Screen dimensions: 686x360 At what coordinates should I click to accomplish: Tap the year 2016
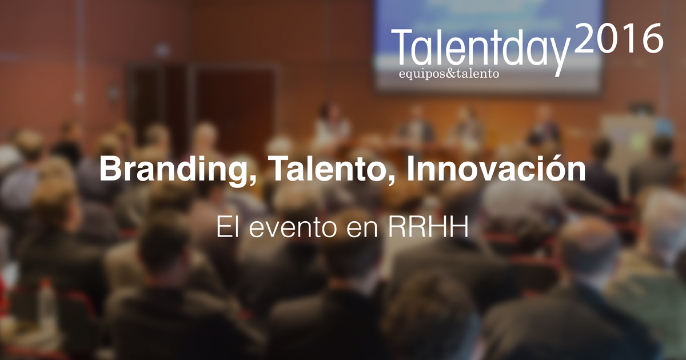pyautogui.click(x=619, y=39)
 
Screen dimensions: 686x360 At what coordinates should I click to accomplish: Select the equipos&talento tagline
pyautogui.click(x=449, y=74)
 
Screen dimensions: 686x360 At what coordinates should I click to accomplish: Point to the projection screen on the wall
pyautogui.click(x=489, y=46)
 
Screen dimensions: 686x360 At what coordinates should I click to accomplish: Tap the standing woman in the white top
pyautogui.click(x=332, y=125)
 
